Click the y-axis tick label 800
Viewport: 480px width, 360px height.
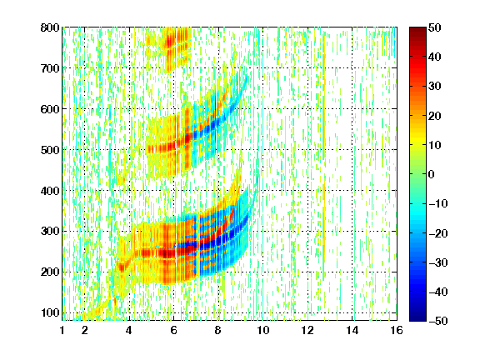pos(50,27)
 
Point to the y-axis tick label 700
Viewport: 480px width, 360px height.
pos(50,68)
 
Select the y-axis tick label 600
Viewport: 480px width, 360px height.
pos(50,109)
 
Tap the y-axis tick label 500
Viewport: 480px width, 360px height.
pos(50,150)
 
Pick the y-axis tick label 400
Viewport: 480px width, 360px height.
pos(50,191)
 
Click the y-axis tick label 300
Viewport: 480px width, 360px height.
pos(50,231)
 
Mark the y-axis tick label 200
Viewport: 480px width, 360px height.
pos(50,272)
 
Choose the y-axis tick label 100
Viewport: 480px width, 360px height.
pos(50,312)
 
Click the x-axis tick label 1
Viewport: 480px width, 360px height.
pos(62,330)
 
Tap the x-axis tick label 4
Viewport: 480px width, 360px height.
pos(129,330)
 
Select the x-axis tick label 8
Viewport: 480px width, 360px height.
pos(217,330)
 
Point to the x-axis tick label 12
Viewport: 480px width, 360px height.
pos(307,330)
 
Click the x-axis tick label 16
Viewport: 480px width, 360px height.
pos(397,330)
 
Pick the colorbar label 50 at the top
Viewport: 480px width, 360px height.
pos(435,27)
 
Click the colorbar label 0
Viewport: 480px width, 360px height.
pos(432,174)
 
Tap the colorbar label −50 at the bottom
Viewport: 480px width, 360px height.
pos(438,321)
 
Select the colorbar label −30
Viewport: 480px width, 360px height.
pos(438,262)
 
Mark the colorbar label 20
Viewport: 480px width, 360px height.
pos(435,116)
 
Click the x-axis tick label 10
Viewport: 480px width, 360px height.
pos(262,330)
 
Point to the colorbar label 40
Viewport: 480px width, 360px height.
pos(435,57)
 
